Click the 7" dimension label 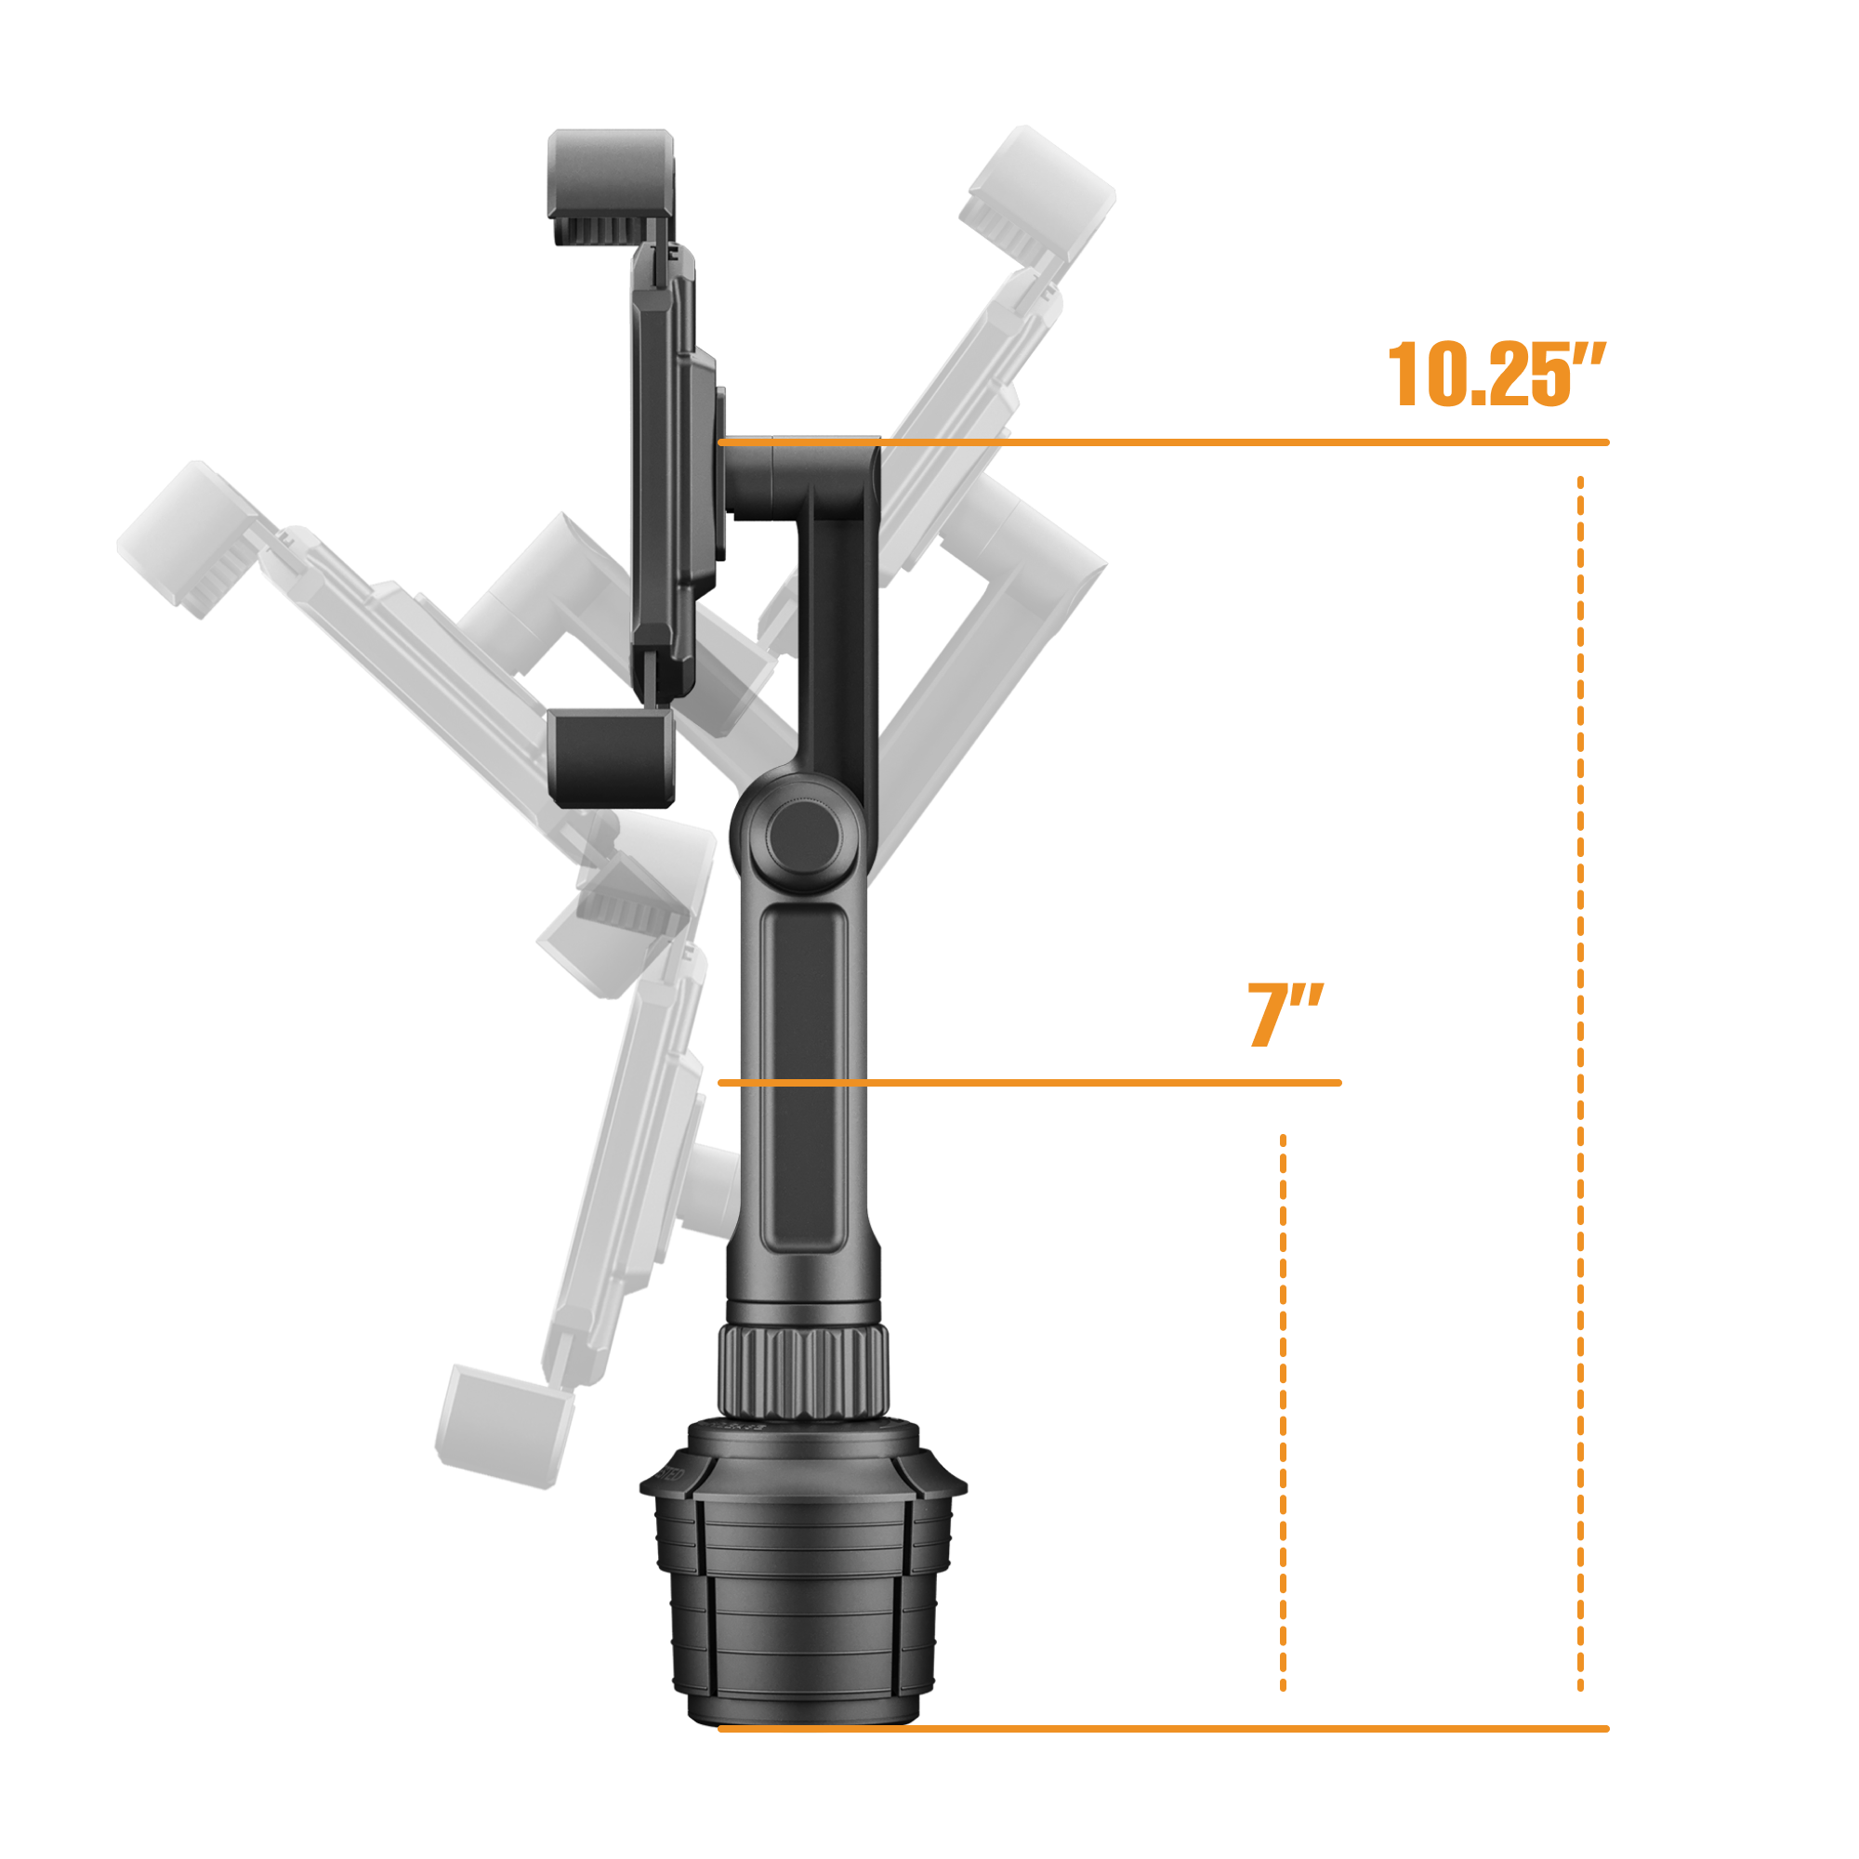tap(1285, 1015)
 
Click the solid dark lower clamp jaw tap(610, 758)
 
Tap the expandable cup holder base tap(803, 1616)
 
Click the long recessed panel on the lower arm tap(804, 1077)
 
